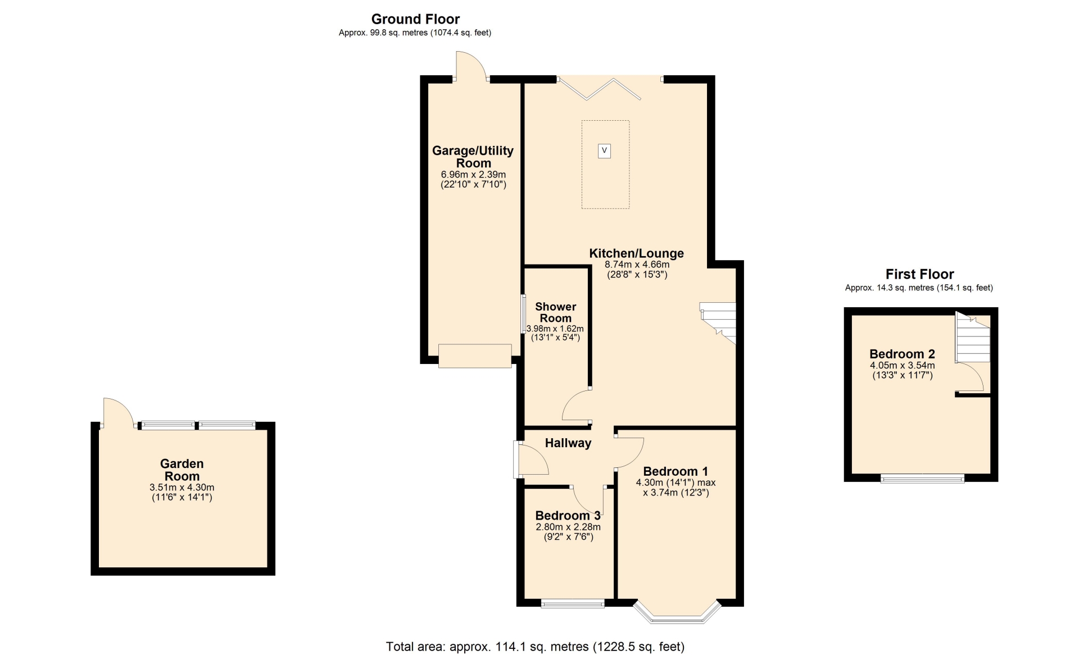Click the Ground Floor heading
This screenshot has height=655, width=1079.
tap(415, 19)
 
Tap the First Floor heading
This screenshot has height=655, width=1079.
tap(919, 274)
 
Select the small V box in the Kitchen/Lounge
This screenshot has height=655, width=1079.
tap(604, 151)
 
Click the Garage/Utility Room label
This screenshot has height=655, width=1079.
tap(473, 157)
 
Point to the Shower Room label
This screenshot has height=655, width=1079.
tap(555, 312)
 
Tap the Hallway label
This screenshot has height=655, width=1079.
tap(568, 443)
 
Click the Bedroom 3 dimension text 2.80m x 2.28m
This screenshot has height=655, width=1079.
tap(568, 527)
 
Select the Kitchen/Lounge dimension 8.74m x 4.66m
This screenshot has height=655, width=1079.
tap(637, 264)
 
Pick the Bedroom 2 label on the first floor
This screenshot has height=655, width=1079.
tap(902, 354)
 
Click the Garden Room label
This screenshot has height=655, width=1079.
tap(182, 470)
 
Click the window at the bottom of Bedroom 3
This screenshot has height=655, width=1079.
tap(573, 603)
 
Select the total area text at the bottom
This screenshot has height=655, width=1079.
tap(535, 647)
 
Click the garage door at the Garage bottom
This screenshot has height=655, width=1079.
tap(475, 356)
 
